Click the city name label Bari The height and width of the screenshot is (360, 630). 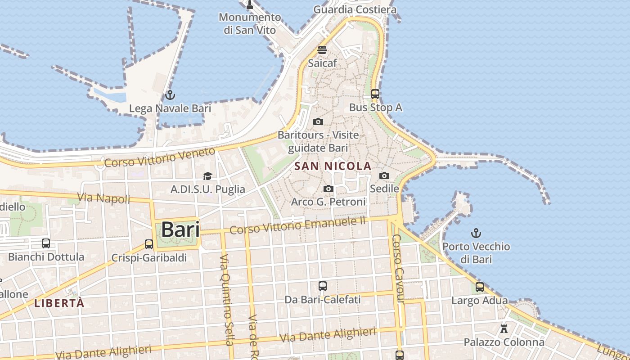[x=180, y=229]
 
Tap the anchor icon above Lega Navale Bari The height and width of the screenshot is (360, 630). [x=170, y=95]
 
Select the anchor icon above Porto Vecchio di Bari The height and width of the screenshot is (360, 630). [x=476, y=233]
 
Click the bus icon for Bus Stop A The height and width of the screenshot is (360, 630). [x=375, y=94]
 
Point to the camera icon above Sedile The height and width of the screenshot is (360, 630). [x=384, y=175]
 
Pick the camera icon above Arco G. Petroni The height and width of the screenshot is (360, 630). [x=328, y=189]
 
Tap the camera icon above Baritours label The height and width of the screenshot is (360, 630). [x=318, y=121]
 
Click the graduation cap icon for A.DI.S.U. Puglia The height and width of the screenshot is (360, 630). [x=207, y=176]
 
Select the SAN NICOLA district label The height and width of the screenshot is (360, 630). [x=333, y=166]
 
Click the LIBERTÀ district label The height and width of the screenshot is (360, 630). [x=59, y=303]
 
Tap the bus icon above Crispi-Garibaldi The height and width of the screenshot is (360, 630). [x=149, y=244]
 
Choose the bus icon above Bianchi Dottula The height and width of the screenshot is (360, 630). [x=46, y=243]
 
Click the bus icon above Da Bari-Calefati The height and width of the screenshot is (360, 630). [x=322, y=286]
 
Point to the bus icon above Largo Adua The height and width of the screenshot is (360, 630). [x=480, y=287]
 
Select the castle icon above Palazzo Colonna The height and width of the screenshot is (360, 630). [x=504, y=328]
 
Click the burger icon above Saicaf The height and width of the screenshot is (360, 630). [x=322, y=49]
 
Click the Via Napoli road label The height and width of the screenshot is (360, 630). [x=103, y=198]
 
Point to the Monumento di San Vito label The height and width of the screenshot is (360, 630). [x=250, y=23]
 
